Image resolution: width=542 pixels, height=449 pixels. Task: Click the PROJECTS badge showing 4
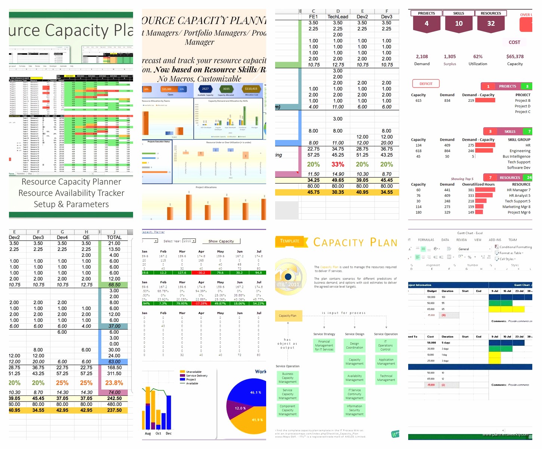click(x=426, y=23)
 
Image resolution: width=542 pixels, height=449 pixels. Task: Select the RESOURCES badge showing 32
click(x=491, y=23)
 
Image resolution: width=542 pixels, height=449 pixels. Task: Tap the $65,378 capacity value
click(x=515, y=56)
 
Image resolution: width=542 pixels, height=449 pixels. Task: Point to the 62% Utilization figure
click(x=478, y=56)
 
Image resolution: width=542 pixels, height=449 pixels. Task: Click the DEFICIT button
click(x=426, y=84)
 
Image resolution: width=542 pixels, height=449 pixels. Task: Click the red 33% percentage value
click(x=338, y=164)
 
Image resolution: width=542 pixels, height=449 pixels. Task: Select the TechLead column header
click(x=338, y=17)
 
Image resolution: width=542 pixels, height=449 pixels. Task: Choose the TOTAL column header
click(x=114, y=237)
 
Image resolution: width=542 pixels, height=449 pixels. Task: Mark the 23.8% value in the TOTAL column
click(x=114, y=383)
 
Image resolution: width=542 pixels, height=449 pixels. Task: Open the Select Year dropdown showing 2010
click(x=189, y=241)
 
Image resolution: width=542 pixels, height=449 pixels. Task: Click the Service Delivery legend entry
click(x=196, y=376)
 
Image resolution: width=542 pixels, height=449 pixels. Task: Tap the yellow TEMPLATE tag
click(x=290, y=241)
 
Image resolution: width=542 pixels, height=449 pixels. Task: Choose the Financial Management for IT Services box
click(x=324, y=346)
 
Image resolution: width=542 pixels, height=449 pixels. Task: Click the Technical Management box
click(x=386, y=378)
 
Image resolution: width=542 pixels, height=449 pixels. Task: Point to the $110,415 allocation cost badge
click(x=251, y=89)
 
